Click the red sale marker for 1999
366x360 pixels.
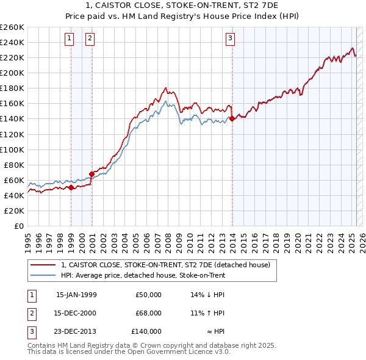click(x=71, y=187)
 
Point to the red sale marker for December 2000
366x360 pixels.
click(x=91, y=173)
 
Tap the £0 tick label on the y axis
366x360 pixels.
click(x=18, y=226)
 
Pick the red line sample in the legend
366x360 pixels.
click(x=42, y=265)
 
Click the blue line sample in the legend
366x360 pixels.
click(x=42, y=275)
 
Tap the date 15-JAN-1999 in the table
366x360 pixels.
click(x=76, y=295)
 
